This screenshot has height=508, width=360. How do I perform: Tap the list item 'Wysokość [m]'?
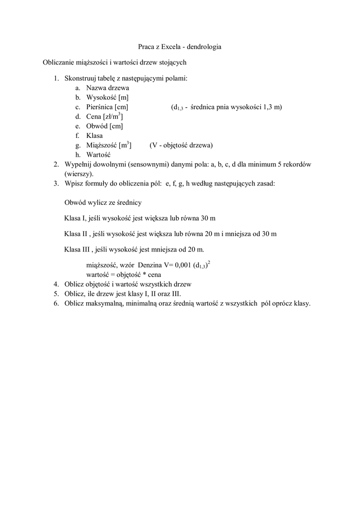pyautogui.click(x=107, y=97)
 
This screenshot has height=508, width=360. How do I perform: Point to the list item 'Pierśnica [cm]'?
pyautogui.click(x=107, y=107)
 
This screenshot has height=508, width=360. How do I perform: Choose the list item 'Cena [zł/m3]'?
pyautogui.click(x=104, y=117)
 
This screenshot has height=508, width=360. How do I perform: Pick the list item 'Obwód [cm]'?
pyautogui.click(x=104, y=126)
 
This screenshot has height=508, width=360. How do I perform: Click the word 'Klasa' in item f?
pyautogui.click(x=94, y=135)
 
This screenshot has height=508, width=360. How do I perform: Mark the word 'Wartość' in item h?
pyautogui.click(x=97, y=155)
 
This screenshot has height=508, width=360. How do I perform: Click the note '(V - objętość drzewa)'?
pyautogui.click(x=181, y=145)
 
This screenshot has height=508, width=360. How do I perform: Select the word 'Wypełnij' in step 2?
pyautogui.click(x=77, y=165)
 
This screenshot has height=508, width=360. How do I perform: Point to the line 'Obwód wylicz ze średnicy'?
pyautogui.click(x=103, y=202)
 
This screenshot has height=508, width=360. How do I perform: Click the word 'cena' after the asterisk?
pyautogui.click(x=154, y=274)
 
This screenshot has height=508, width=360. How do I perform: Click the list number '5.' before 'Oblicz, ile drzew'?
pyautogui.click(x=56, y=294)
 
